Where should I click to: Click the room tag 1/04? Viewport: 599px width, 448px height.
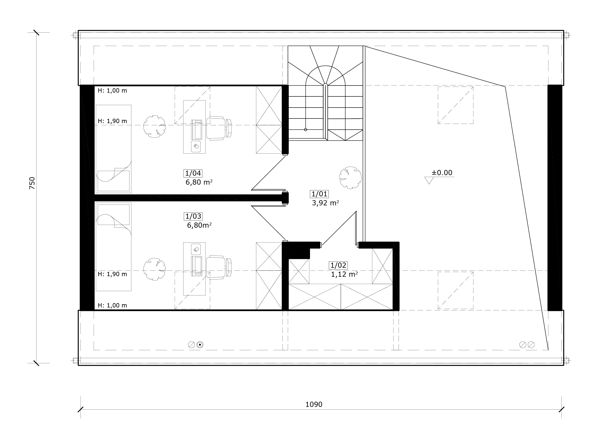(x=193, y=173)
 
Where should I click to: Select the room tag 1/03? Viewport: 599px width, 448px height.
(x=193, y=216)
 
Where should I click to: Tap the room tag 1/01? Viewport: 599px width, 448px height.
(x=319, y=194)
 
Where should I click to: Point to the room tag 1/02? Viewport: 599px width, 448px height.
(x=339, y=265)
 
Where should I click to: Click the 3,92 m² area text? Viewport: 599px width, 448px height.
(x=326, y=203)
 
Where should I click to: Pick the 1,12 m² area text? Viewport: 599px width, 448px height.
(x=344, y=274)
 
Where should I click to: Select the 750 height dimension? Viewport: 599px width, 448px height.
(x=32, y=183)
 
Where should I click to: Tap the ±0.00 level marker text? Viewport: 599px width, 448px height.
(x=442, y=173)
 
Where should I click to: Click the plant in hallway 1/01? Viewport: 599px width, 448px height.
(x=350, y=178)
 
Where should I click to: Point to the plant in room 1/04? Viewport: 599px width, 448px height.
(x=155, y=126)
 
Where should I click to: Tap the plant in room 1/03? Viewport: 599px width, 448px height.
(x=155, y=269)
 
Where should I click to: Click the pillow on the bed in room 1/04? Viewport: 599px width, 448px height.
(x=113, y=181)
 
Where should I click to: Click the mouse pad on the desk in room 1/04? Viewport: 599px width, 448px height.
(x=196, y=147)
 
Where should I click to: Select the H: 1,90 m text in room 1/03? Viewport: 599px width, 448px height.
(x=112, y=274)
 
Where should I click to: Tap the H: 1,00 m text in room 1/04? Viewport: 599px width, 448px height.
(x=112, y=90)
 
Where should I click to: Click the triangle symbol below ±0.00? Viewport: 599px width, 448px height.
(x=429, y=180)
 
